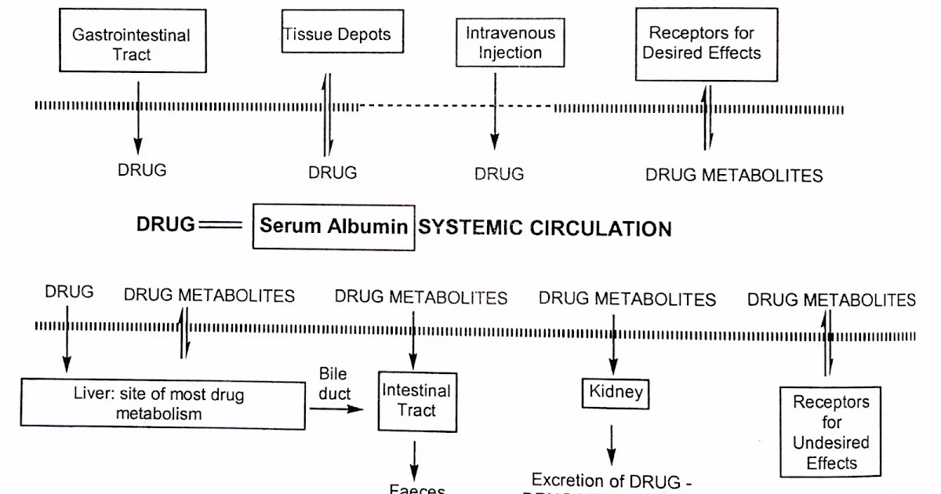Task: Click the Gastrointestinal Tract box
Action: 131,44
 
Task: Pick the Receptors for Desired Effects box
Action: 706,44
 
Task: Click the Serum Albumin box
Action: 333,227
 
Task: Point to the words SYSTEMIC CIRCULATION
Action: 545,228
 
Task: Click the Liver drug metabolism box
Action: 163,404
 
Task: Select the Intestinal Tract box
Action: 416,400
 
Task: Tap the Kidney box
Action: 616,391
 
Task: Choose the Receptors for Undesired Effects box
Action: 830,431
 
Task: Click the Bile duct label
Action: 334,383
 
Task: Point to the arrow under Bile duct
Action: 337,409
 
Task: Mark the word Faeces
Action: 417,489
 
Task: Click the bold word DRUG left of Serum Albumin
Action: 165,224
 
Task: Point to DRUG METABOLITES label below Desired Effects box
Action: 734,175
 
